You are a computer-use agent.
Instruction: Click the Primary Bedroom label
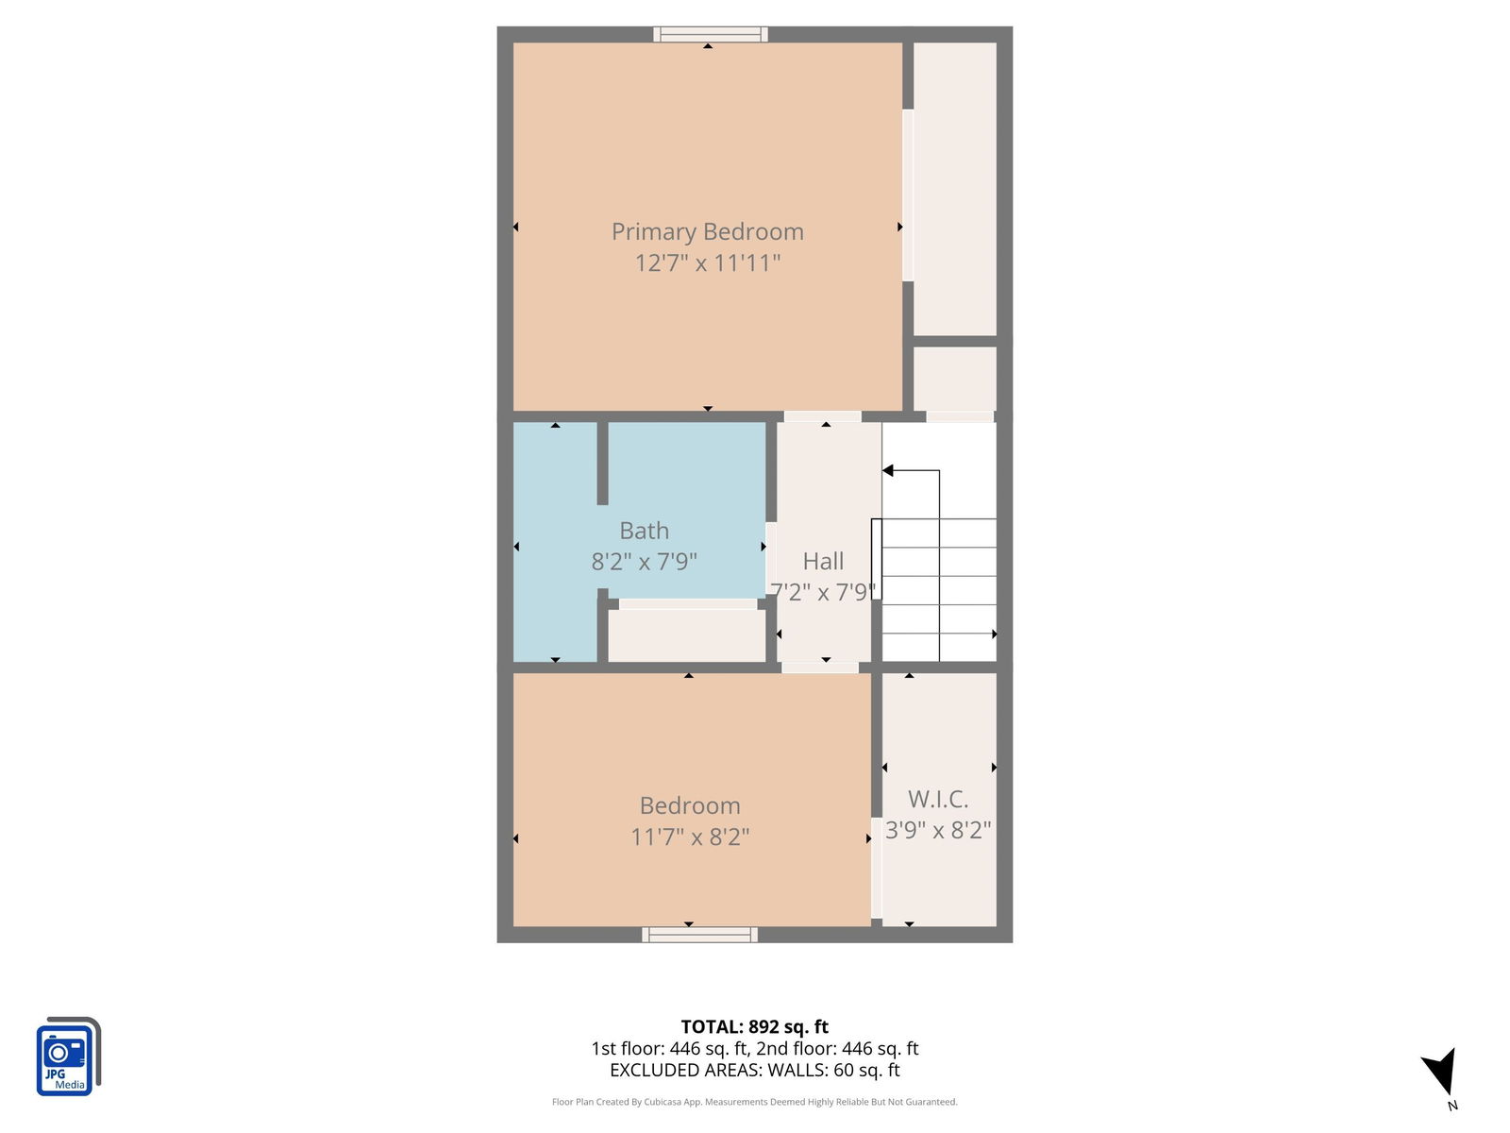pos(707,232)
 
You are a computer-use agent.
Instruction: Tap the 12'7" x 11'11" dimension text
pos(707,262)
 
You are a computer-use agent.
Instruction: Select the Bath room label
pos(644,531)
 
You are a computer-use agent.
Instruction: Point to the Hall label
pos(823,561)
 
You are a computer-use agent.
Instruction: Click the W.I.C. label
pos(938,799)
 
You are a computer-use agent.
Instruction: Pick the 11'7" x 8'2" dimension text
pos(690,837)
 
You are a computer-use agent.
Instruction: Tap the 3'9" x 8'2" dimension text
pos(938,830)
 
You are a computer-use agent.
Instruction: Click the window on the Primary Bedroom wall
pos(710,34)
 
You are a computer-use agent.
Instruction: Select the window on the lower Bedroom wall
pos(699,934)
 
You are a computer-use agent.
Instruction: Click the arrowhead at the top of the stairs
pos(887,470)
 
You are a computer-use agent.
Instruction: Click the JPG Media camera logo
pos(68,1056)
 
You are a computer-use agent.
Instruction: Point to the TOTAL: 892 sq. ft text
pos(755,1026)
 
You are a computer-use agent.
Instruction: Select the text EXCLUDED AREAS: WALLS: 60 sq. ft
pos(755,1070)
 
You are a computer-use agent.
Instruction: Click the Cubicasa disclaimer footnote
pos(755,1102)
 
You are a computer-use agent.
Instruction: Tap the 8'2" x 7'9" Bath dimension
pos(644,562)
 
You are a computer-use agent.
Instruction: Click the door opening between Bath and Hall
pos(771,558)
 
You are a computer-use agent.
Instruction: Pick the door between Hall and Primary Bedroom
pos(823,416)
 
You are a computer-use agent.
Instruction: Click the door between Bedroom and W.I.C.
pos(877,868)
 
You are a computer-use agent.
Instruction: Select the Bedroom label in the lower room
pos(690,805)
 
